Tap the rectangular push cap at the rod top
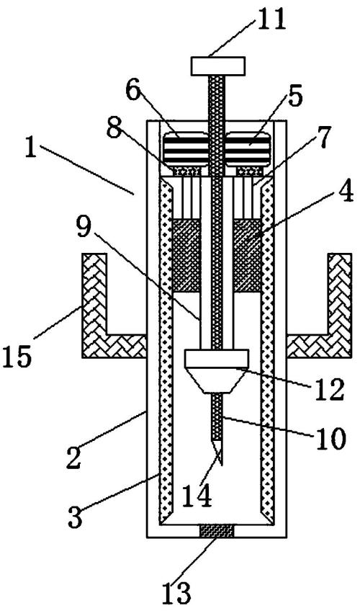[218, 66]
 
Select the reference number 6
[133, 91]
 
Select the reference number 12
[330, 390]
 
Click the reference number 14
[198, 496]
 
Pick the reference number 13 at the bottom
[176, 593]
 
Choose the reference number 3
[76, 517]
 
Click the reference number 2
[74, 459]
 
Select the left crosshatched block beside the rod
[186, 256]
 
